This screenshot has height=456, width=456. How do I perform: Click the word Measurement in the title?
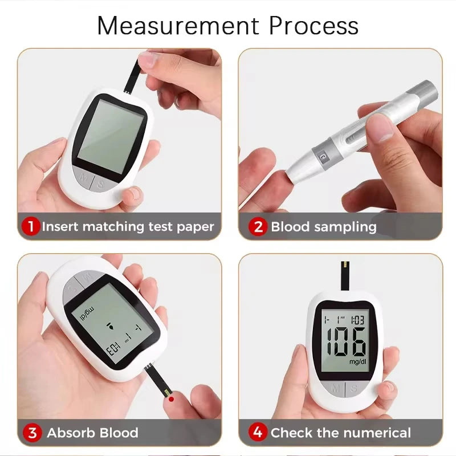(x=178, y=26)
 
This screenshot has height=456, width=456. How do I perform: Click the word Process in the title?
(x=313, y=26)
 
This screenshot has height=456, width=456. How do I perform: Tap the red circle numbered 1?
(x=31, y=226)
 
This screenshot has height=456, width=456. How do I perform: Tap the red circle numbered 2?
(x=258, y=226)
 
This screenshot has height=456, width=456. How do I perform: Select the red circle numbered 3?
(x=32, y=433)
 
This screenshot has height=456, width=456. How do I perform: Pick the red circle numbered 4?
(x=258, y=433)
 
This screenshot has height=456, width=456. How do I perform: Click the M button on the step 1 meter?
(x=83, y=178)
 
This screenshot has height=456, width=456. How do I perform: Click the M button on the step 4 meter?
(x=335, y=388)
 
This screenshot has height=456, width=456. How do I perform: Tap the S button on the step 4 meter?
(x=354, y=388)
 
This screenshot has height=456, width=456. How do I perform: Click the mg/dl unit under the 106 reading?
(x=357, y=361)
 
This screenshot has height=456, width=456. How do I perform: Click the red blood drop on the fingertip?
(x=172, y=400)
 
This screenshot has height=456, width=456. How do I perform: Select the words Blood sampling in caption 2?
(x=323, y=226)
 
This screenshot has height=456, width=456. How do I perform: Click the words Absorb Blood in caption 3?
(x=92, y=433)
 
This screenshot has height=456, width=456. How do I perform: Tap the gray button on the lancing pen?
(x=323, y=152)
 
